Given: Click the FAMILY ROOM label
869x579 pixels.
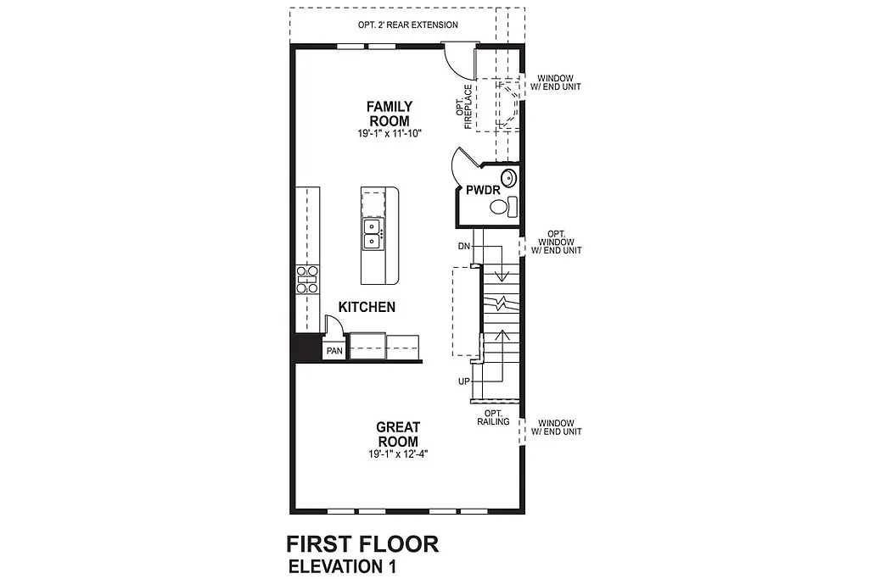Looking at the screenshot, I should click(x=390, y=114).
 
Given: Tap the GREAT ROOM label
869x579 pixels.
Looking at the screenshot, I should click(x=397, y=435).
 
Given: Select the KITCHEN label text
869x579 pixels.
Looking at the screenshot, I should click(x=367, y=307).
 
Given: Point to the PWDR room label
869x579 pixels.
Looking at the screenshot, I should click(x=483, y=191).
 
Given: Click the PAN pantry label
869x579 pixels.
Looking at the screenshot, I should click(x=334, y=350).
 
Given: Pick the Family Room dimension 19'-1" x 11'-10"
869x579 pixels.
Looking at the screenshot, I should click(x=390, y=134).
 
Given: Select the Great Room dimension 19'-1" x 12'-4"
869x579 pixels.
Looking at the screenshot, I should click(x=397, y=454).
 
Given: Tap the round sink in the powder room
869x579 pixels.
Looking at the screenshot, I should click(x=508, y=178).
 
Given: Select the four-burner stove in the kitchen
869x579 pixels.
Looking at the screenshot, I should click(x=306, y=278).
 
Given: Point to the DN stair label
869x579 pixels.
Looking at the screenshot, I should click(x=463, y=246).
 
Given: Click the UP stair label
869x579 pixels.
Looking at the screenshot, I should click(x=464, y=381).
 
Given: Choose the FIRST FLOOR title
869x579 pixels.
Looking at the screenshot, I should click(x=362, y=543).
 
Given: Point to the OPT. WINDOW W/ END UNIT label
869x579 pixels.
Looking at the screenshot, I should click(x=556, y=242).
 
